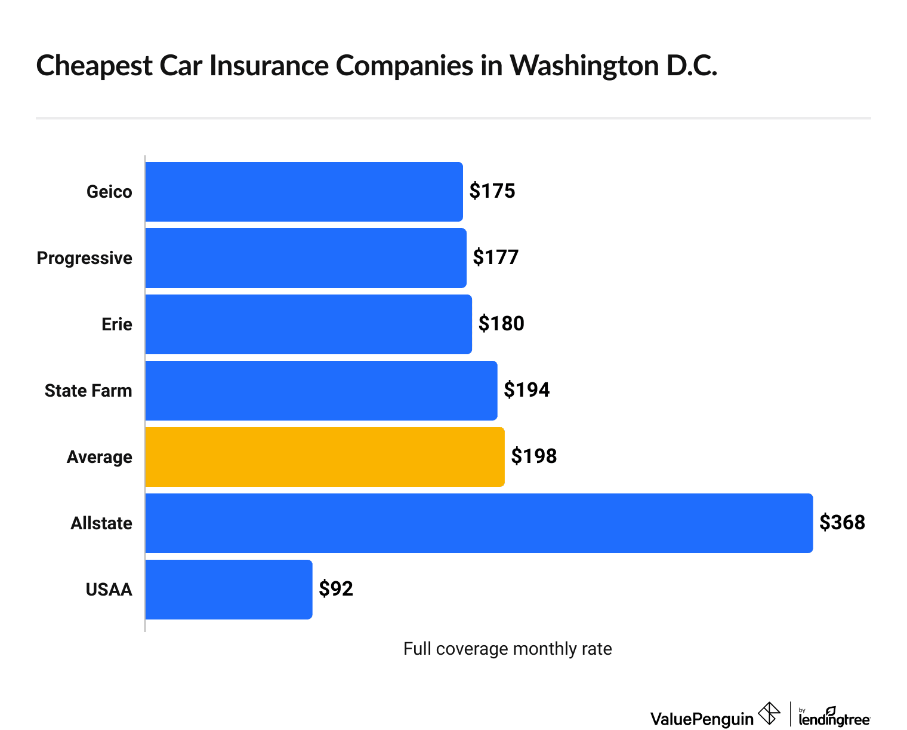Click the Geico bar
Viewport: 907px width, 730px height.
tap(304, 192)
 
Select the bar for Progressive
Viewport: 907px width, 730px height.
tap(306, 258)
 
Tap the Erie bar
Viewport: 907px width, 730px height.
tap(308, 324)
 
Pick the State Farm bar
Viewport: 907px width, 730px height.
tap(321, 391)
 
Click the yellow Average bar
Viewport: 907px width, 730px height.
tap(325, 457)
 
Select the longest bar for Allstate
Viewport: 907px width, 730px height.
tap(479, 523)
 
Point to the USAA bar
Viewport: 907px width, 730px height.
tap(229, 590)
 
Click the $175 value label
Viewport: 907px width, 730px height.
tap(492, 191)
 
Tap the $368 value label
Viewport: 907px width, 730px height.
tap(842, 523)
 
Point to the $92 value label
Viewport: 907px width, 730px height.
tap(336, 589)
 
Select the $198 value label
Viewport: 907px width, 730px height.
tap(533, 456)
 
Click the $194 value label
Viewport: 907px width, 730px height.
tap(526, 390)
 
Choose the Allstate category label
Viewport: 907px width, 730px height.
tap(101, 523)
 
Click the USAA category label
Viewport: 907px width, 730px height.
tap(109, 590)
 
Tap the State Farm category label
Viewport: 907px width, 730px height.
tap(88, 391)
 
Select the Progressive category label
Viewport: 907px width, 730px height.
tap(84, 258)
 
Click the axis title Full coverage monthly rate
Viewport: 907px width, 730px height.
tap(507, 649)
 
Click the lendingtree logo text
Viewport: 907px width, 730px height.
tap(834, 719)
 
